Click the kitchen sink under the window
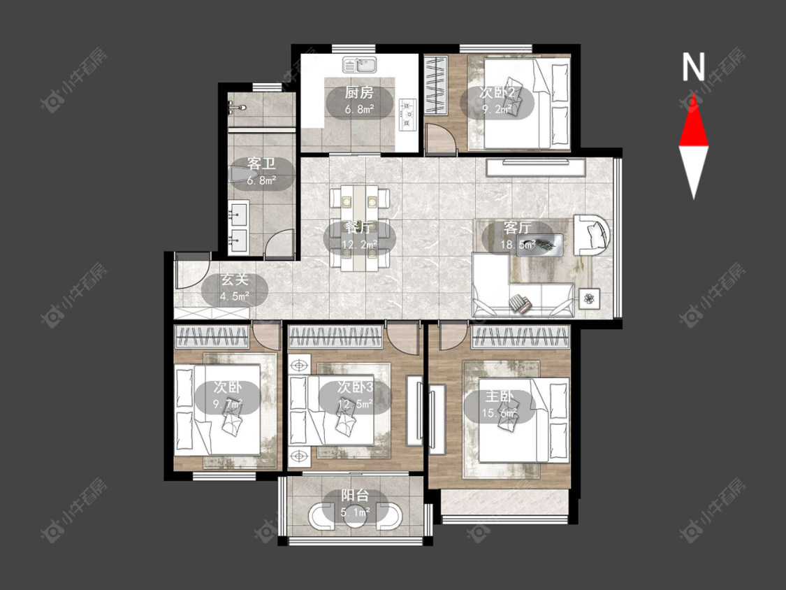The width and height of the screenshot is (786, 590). [360, 65]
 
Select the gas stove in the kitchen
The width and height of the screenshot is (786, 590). [407, 115]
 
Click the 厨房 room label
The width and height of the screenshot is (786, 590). [359, 93]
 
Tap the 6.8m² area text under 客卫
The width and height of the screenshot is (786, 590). [261, 180]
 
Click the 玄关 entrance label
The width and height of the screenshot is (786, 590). [235, 280]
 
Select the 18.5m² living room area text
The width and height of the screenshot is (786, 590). [518, 245]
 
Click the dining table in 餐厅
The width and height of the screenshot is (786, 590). [359, 229]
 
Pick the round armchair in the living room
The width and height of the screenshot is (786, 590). [592, 235]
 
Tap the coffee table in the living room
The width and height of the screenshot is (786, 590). [539, 245]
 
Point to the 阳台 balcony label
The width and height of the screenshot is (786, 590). [355, 496]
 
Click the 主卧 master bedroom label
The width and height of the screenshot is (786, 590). [499, 396]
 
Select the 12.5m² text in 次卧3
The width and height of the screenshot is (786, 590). [356, 404]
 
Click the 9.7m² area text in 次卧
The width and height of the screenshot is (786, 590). [228, 403]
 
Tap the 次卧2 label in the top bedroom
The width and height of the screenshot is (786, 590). [497, 93]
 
